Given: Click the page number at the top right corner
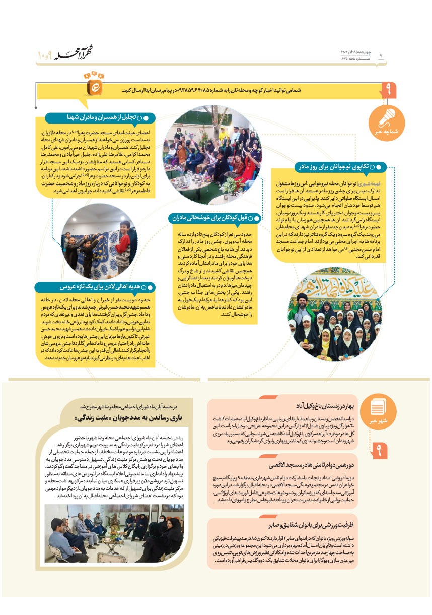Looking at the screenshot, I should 381,55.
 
